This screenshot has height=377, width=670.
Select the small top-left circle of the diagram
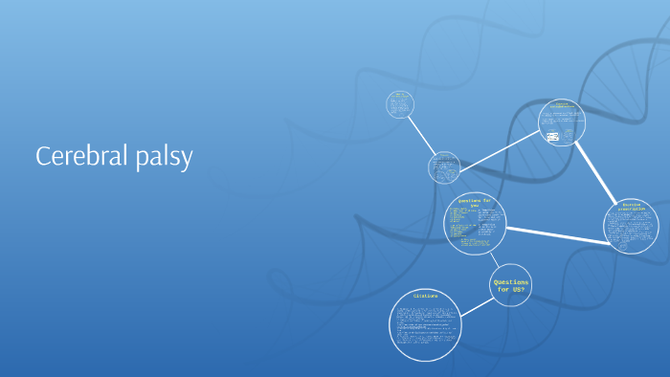[399, 104]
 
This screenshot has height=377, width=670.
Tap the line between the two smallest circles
[421, 134]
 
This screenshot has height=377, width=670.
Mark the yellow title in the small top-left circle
[399, 95]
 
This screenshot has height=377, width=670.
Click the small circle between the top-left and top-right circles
[444, 166]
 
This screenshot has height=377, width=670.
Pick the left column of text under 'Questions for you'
[463, 223]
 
